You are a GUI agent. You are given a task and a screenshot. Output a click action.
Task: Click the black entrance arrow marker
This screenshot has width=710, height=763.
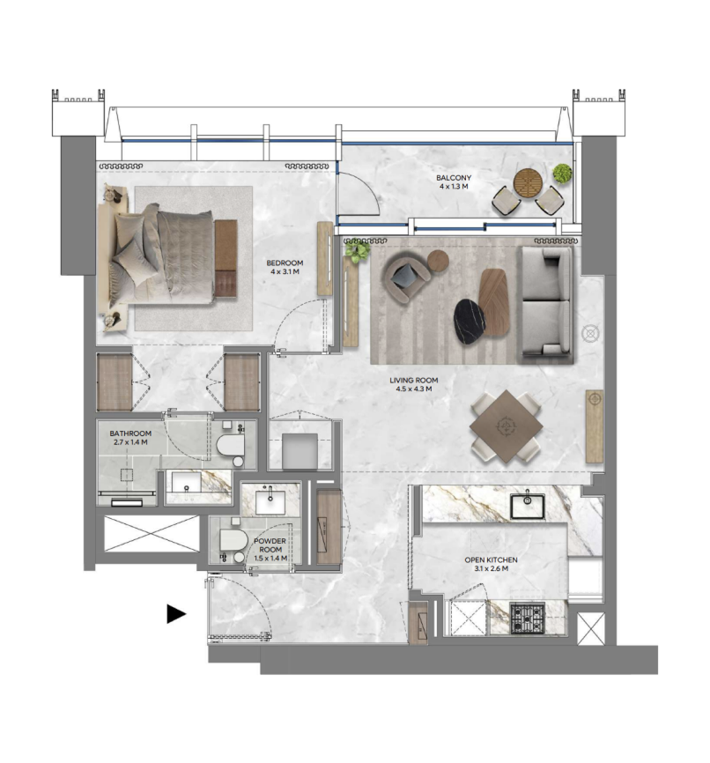click(x=175, y=613)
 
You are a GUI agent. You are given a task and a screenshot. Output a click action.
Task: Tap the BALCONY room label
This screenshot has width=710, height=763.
click(x=454, y=178)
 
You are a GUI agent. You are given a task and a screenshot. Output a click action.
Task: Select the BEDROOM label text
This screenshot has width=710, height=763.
click(x=285, y=263)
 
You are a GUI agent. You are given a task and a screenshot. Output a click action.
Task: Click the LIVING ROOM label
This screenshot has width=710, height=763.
click(x=414, y=380)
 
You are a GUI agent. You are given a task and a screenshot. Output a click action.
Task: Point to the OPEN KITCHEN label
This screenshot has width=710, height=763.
click(x=491, y=559)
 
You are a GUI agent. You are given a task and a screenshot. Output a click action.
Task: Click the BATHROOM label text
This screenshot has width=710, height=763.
click(x=130, y=433)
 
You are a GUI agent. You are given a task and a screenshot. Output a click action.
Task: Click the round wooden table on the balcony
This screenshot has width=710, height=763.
click(x=528, y=182)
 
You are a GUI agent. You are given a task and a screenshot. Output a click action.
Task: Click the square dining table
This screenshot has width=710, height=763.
click(x=507, y=426)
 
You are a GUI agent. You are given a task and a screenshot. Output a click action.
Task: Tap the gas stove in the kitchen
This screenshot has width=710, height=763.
click(x=527, y=618)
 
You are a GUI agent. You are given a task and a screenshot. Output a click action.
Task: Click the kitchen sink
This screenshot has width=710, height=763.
click(x=527, y=506)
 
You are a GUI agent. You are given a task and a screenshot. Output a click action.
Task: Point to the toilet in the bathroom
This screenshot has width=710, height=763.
click(x=231, y=445)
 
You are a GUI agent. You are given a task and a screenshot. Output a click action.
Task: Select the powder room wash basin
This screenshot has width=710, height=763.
click(x=270, y=501)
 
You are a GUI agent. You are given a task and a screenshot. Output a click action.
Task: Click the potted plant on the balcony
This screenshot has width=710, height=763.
click(x=562, y=174)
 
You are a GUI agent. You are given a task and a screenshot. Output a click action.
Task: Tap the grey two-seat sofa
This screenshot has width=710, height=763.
click(x=546, y=304)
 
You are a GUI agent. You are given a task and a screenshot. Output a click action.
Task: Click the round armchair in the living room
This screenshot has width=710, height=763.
click(x=407, y=275)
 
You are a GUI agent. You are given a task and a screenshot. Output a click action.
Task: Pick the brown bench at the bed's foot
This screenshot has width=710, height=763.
click(x=226, y=258)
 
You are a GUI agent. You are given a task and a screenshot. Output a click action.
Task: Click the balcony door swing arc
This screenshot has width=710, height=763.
click(x=369, y=187)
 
